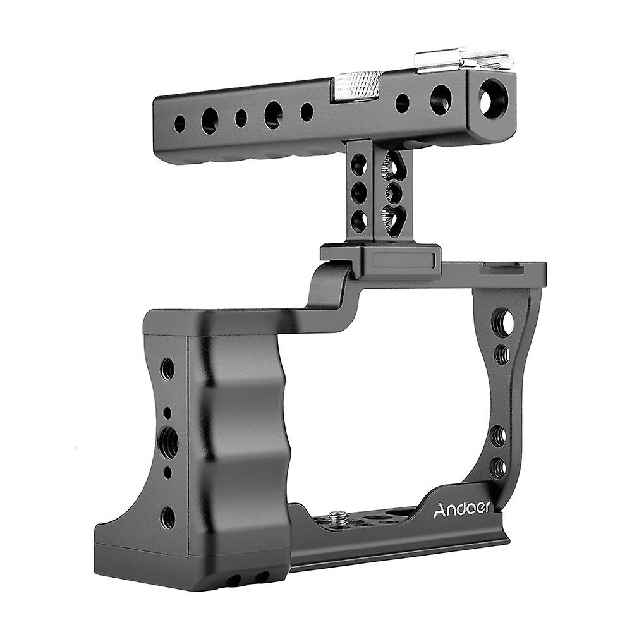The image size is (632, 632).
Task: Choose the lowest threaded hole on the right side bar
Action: [498, 468]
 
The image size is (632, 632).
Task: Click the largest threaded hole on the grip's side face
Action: [168, 438]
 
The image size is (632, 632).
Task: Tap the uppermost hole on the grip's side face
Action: [167, 368]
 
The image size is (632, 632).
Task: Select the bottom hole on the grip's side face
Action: [167, 518]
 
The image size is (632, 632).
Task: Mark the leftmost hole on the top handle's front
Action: [180, 124]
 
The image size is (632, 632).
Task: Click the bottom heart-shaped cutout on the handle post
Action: [393, 222]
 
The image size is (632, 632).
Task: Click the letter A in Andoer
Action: [439, 511]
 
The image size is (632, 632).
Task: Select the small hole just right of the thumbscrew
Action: [402, 103]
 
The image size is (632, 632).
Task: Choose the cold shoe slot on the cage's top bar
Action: [502, 269]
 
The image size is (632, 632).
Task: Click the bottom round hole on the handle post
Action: [359, 221]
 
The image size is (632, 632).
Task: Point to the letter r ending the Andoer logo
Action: [487, 507]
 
